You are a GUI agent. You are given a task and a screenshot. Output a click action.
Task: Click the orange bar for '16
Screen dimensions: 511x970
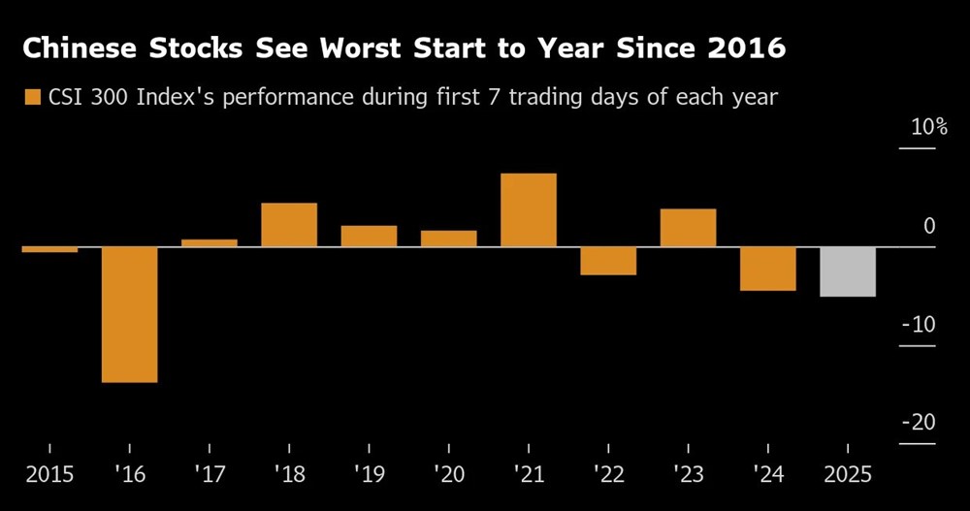[130, 314]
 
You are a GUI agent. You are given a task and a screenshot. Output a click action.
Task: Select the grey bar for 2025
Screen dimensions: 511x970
[848, 271]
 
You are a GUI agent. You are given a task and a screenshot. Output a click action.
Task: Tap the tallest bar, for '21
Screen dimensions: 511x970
[529, 210]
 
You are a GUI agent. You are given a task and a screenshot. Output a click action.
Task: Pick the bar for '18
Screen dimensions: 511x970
[289, 225]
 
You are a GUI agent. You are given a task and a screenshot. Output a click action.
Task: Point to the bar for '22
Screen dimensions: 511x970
[608, 261]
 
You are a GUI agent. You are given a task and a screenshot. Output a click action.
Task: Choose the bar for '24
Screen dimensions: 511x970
[768, 269]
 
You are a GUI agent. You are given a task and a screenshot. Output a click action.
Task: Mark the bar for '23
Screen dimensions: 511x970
[688, 228]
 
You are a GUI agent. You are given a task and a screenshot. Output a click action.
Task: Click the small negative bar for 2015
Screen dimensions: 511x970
[49, 249]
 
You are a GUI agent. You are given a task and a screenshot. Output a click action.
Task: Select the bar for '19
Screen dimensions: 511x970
[369, 237]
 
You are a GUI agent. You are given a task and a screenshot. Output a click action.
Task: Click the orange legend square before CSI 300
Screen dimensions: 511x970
[33, 97]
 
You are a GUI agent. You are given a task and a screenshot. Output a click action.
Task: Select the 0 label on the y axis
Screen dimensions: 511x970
[929, 227]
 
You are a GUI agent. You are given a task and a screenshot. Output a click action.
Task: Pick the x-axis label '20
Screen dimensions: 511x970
[448, 475]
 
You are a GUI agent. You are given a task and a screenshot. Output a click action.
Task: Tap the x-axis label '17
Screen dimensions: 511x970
[209, 475]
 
